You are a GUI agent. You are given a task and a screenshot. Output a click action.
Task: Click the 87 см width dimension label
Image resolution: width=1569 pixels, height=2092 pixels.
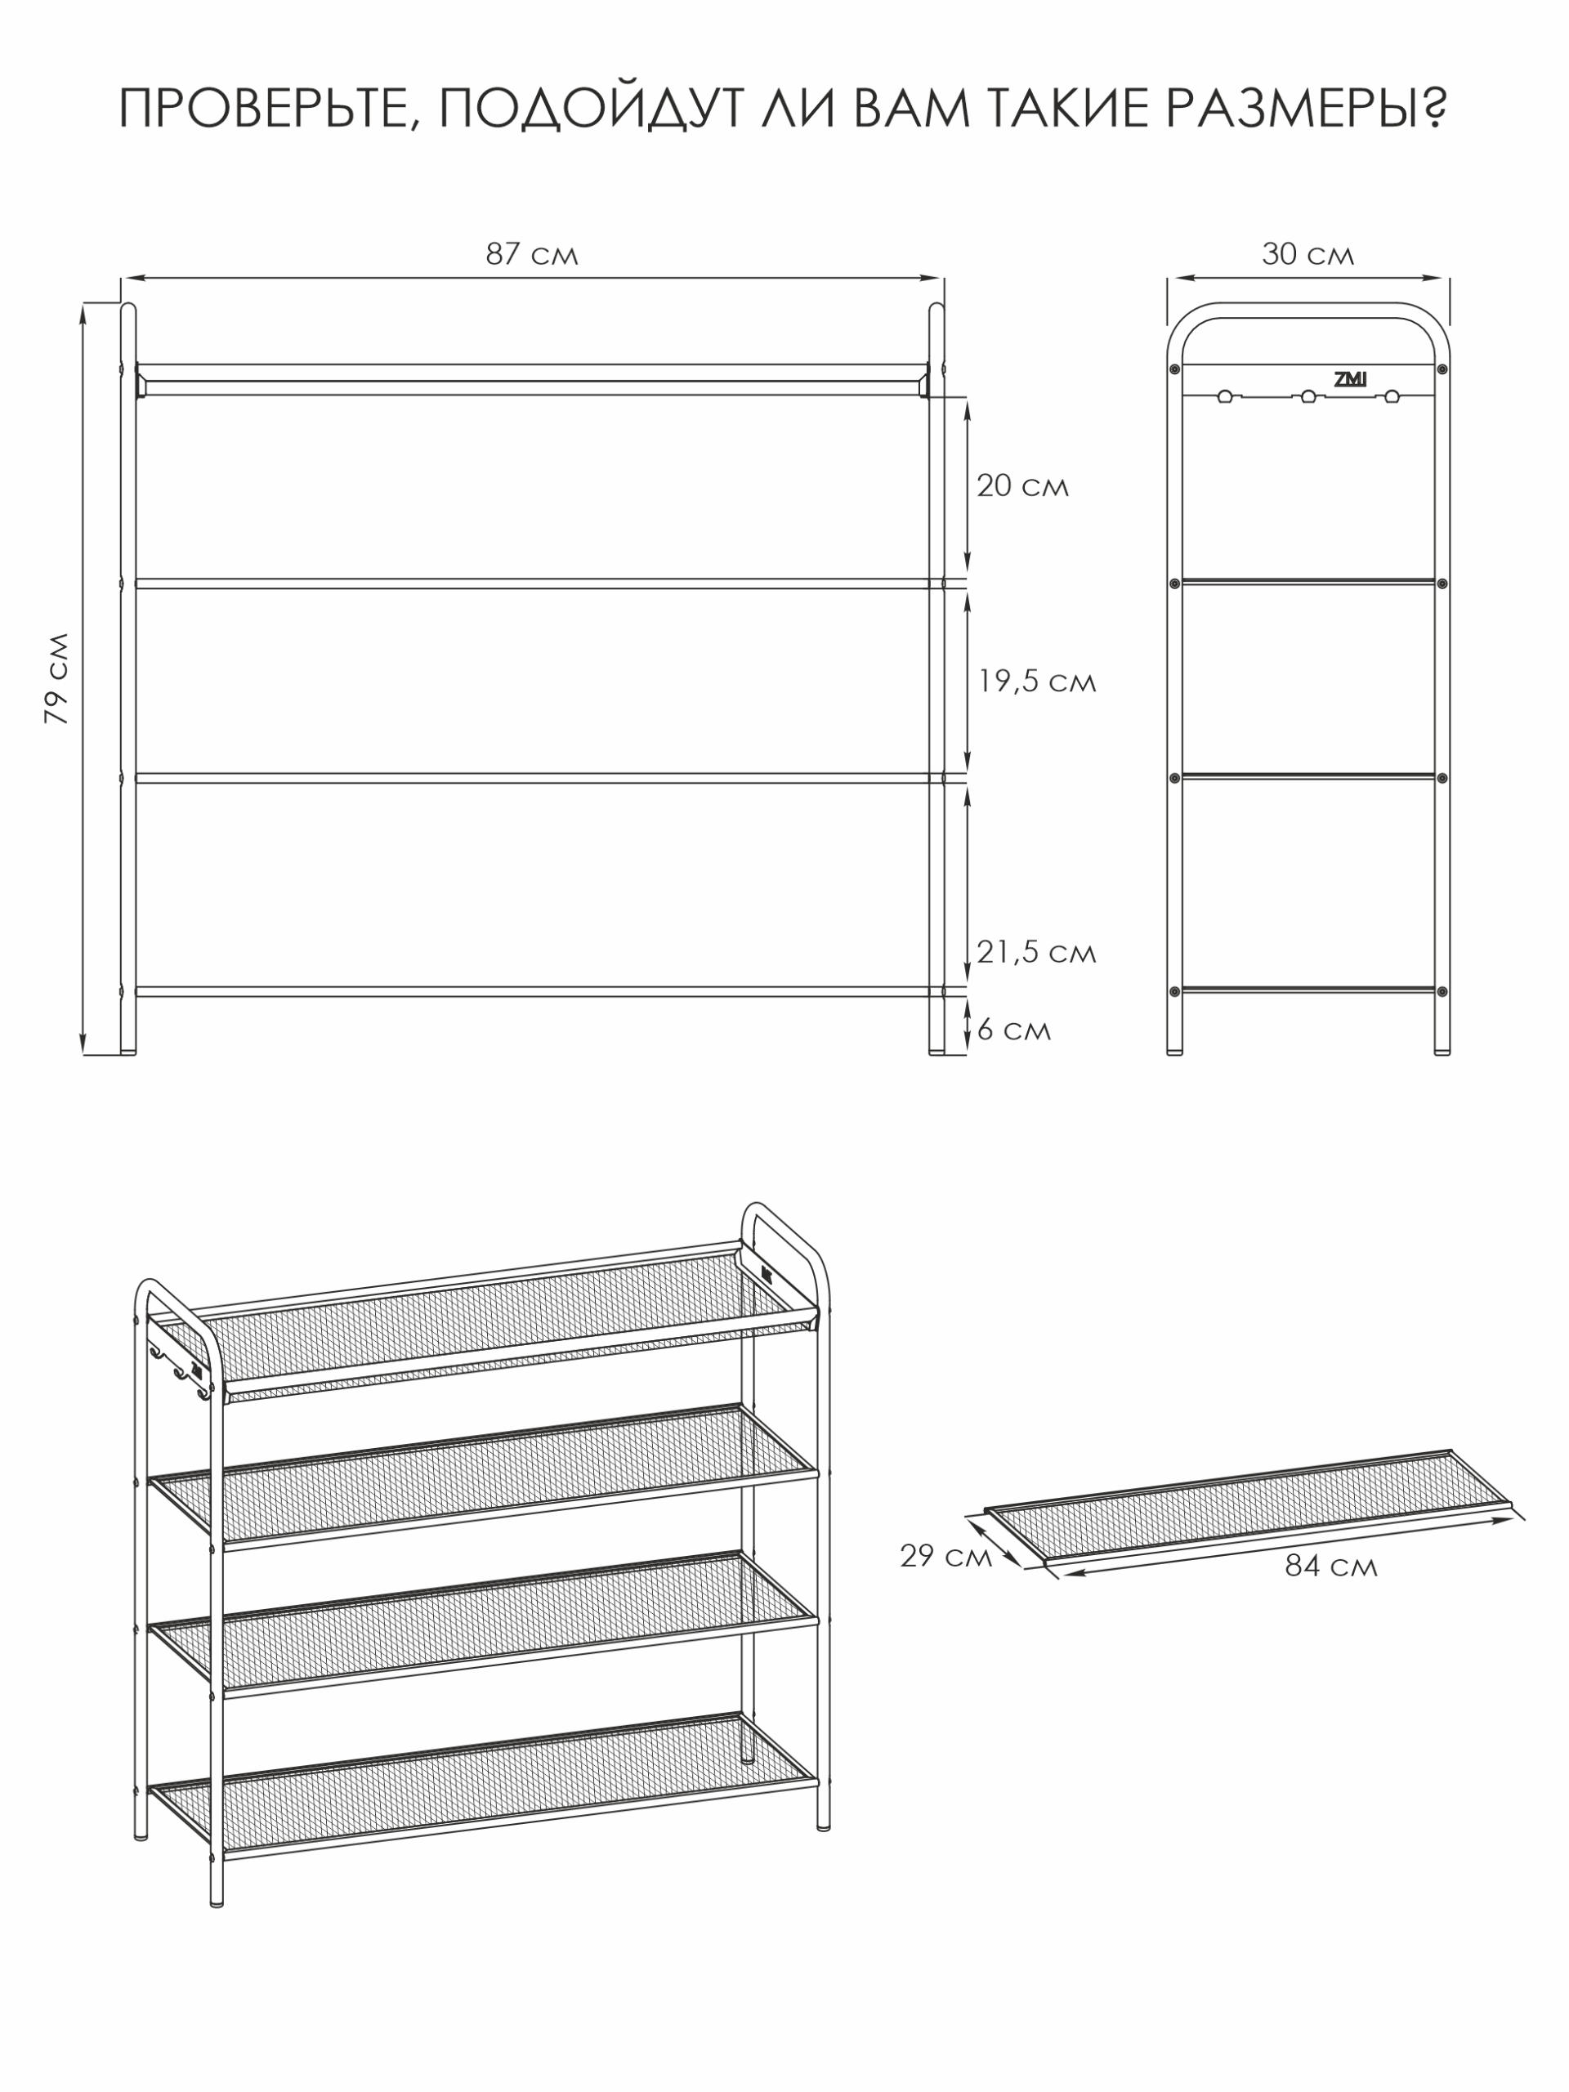pos(531,254)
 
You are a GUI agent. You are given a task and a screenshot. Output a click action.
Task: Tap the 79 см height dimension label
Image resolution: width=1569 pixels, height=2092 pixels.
pos(56,678)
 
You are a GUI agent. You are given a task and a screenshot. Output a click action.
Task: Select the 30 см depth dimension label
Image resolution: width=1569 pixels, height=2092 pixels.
pos(1308,254)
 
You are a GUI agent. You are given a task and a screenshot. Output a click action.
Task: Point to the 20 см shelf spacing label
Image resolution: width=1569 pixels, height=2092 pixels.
pos(1022,486)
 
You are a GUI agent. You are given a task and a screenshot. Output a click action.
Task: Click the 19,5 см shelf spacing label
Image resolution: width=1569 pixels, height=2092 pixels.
pos(1036,681)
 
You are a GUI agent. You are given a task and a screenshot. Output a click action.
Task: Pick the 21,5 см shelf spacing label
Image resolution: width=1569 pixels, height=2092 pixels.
pos(1036,951)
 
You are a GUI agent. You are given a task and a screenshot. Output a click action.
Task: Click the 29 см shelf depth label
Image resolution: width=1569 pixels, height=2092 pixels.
pos(945,1556)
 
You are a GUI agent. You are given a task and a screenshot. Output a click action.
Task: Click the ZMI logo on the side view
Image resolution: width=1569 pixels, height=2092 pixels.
pos(1350,379)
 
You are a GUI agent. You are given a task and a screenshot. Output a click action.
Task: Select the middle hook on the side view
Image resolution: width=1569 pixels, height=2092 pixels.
pos(1308,396)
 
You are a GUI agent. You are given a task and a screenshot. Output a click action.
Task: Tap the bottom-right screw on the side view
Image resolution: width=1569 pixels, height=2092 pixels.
pos(1442,991)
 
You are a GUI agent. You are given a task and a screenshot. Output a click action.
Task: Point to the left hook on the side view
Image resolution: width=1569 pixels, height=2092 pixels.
pos(1225,396)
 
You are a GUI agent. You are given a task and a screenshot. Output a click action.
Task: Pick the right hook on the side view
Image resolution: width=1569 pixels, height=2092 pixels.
pos(1391,396)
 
